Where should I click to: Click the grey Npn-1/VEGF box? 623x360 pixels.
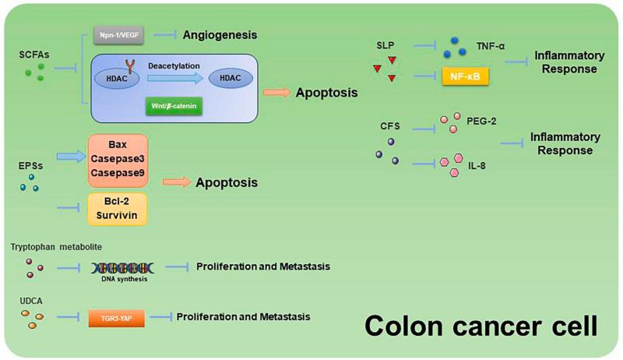tap(116, 35)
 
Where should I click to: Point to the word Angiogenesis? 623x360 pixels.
tap(220, 35)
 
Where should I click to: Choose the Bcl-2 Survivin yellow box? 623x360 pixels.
tap(116, 208)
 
